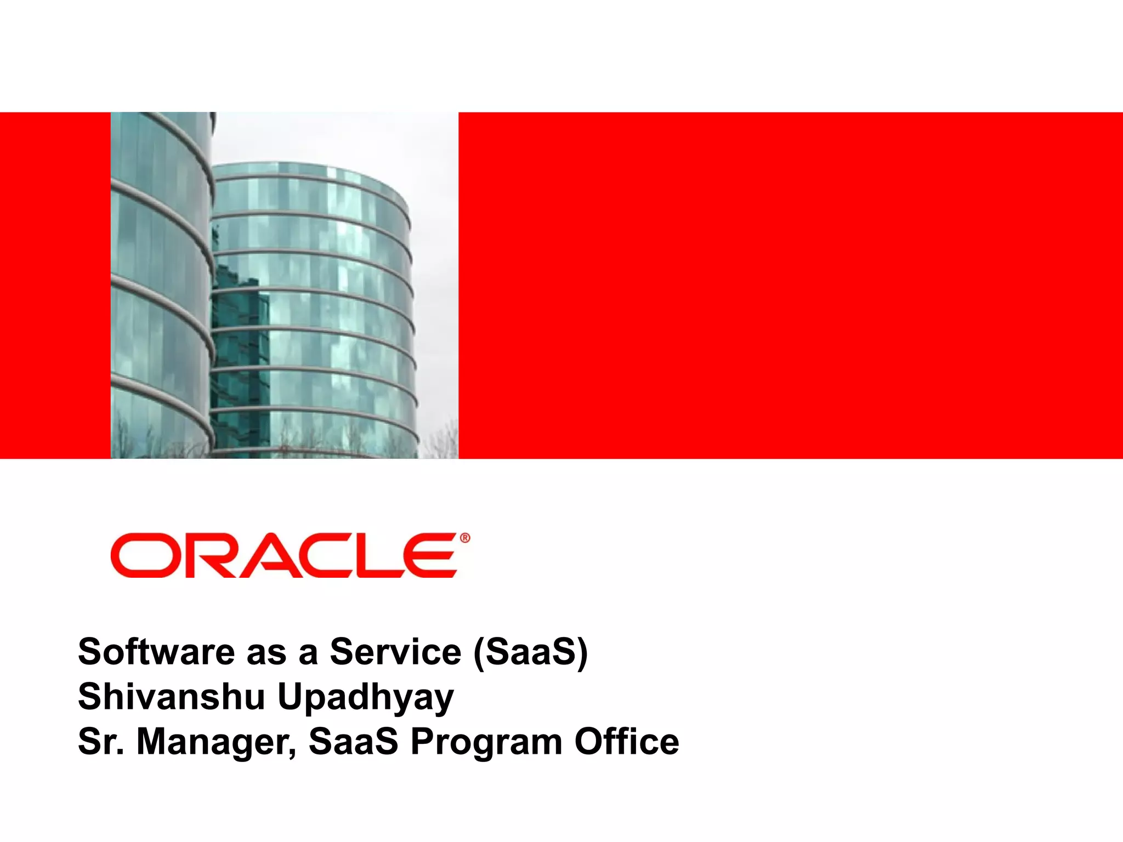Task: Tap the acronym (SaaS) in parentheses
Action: [x=530, y=652]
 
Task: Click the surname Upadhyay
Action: [x=366, y=698]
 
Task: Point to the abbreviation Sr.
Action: [x=101, y=742]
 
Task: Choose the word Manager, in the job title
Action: [x=216, y=743]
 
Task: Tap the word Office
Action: [x=627, y=742]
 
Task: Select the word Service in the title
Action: [x=395, y=652]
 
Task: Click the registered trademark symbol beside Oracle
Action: [x=464, y=538]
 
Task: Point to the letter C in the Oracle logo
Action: [x=324, y=555]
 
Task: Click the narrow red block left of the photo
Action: [x=55, y=285]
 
